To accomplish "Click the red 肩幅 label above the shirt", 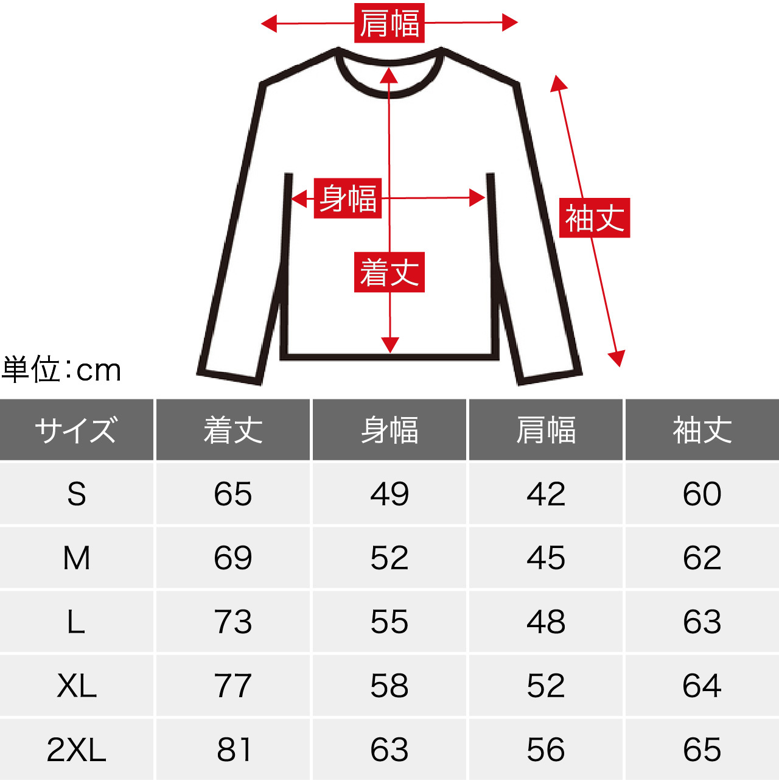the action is coord(389,23).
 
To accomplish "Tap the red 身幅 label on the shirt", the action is coord(348,199).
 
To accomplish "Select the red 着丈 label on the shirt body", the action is coord(389,272).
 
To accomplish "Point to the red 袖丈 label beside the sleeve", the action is coord(595,218).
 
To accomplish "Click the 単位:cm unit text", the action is coord(61,370).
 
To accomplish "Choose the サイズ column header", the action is coord(77,429).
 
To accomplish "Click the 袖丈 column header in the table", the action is coord(702,429).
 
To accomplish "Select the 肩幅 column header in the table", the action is coord(545,429).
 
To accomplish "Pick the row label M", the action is coord(77,558).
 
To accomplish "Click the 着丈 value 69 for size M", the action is coord(232,558).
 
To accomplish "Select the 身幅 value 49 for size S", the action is coord(389,494).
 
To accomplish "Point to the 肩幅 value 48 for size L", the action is coord(545,621).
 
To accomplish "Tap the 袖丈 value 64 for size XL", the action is coord(702,686).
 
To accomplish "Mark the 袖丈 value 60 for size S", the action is coord(702,494).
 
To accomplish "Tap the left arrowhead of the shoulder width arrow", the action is coord(269,24).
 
